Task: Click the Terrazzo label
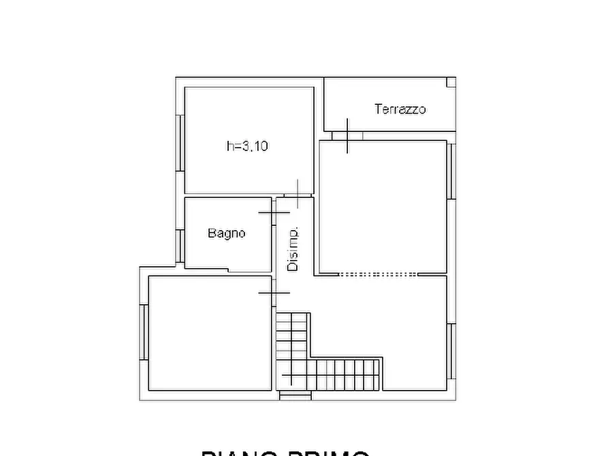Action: pos(400,109)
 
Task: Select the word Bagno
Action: pos(227,233)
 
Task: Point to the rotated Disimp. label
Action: pos(293,249)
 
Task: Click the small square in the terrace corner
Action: pos(451,82)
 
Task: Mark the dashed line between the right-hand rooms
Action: pos(379,274)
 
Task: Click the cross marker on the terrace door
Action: pos(347,135)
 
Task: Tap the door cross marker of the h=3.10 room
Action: pos(298,195)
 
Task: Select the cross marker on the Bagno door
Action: pos(274,213)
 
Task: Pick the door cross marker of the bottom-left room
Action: pos(274,293)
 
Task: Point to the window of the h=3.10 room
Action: pos(180,143)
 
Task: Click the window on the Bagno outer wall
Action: pos(180,246)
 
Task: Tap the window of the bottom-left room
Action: pos(144,332)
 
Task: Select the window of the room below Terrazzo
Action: pos(451,171)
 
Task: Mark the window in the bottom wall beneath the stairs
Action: pos(295,395)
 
